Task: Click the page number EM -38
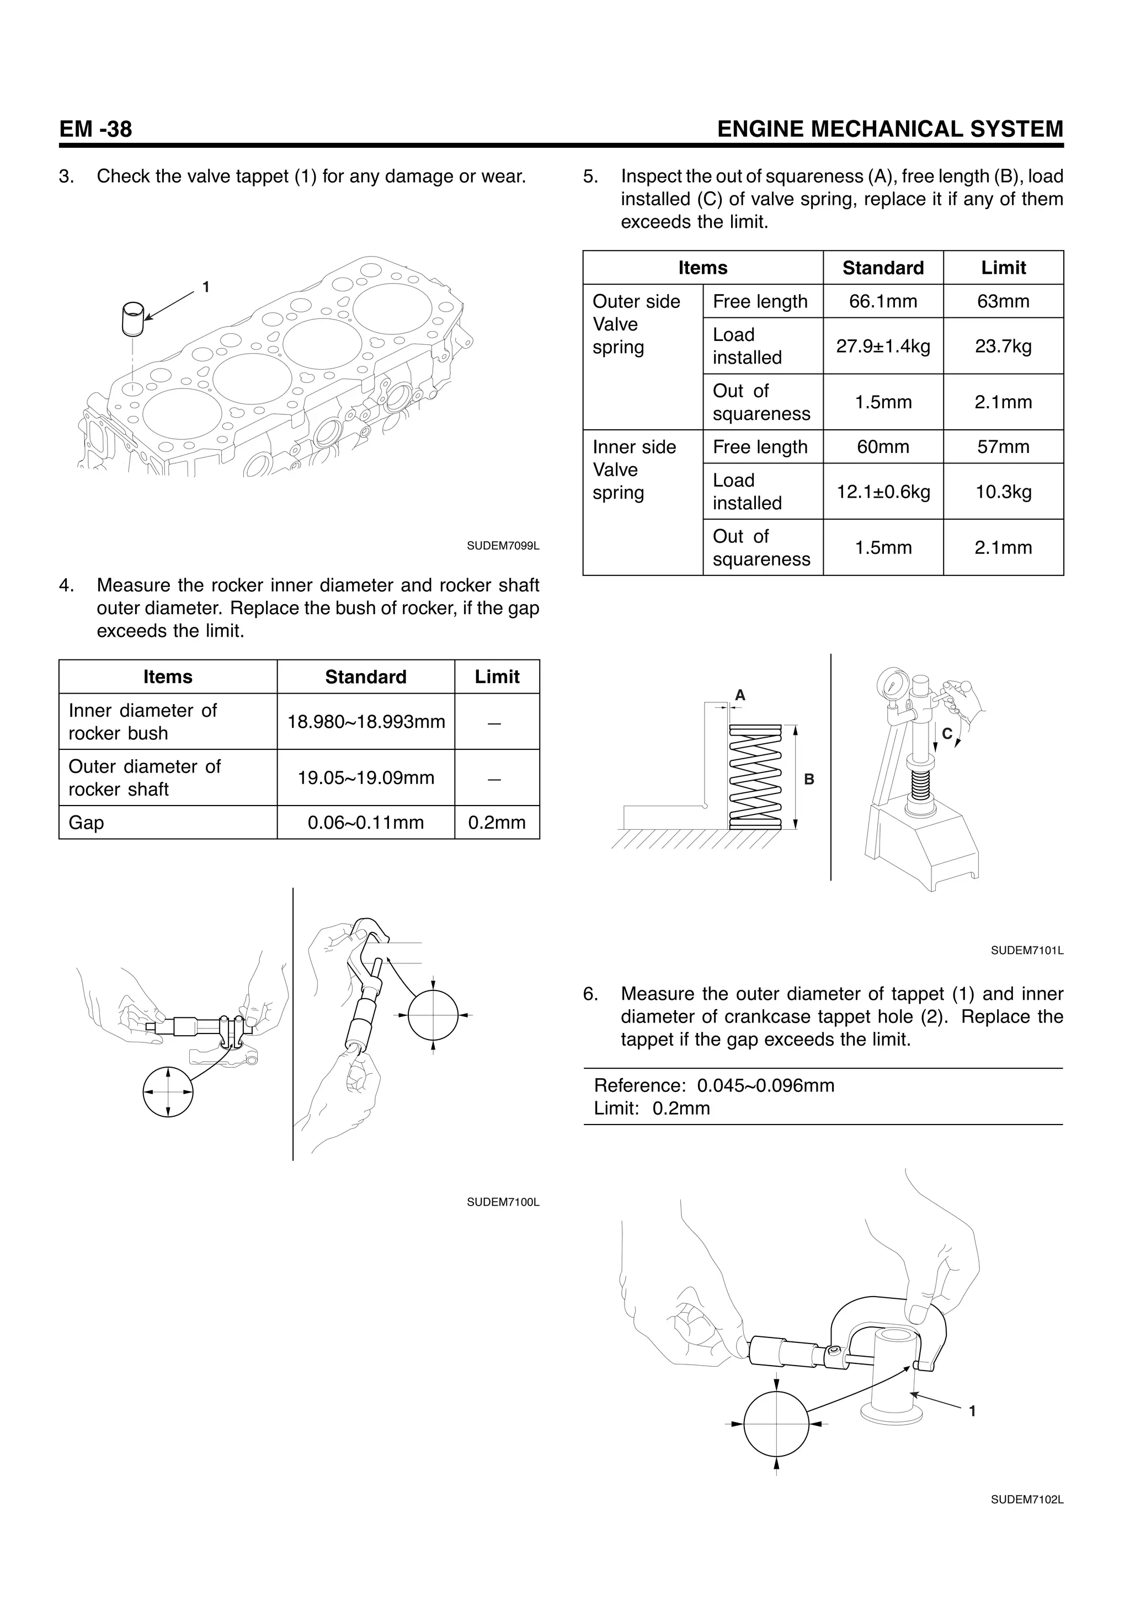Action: point(95,130)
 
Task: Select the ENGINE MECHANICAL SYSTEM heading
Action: point(890,130)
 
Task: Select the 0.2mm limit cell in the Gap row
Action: point(497,823)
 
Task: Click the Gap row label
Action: point(86,823)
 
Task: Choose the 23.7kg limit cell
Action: point(1003,346)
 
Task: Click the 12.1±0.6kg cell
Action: point(883,492)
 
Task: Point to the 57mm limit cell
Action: point(1003,446)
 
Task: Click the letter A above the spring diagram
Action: point(740,695)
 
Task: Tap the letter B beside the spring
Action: point(809,779)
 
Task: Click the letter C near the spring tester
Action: point(947,733)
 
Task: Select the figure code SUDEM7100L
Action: point(503,1202)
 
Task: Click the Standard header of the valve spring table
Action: point(883,268)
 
